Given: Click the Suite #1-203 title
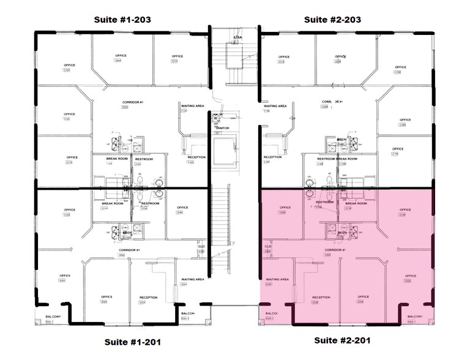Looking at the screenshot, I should (x=122, y=20).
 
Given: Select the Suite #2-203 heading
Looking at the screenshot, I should (x=332, y=20).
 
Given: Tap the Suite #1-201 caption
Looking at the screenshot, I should (x=128, y=342).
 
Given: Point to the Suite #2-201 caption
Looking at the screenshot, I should (x=343, y=340).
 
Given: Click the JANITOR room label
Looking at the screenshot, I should (x=222, y=128).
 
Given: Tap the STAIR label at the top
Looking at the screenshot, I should (x=237, y=38).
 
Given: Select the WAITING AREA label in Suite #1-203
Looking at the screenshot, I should (x=192, y=106).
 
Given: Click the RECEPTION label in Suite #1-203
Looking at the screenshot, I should (x=196, y=157).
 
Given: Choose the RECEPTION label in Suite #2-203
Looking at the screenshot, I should (x=272, y=157).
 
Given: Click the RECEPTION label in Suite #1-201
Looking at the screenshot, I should (x=148, y=298).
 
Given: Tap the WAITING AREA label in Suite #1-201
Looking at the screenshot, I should (x=192, y=279).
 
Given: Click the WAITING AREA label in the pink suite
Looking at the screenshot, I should (x=275, y=279).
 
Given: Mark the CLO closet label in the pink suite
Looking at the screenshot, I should (x=267, y=247).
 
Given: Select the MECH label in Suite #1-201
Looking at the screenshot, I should (x=128, y=233).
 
